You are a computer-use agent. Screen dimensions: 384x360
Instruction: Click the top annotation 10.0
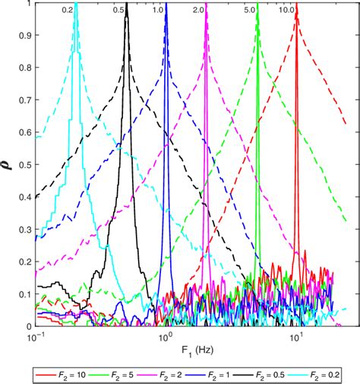286,11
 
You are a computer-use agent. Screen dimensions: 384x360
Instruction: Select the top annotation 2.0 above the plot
198,11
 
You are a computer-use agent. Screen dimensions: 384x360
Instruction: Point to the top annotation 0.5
118,11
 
